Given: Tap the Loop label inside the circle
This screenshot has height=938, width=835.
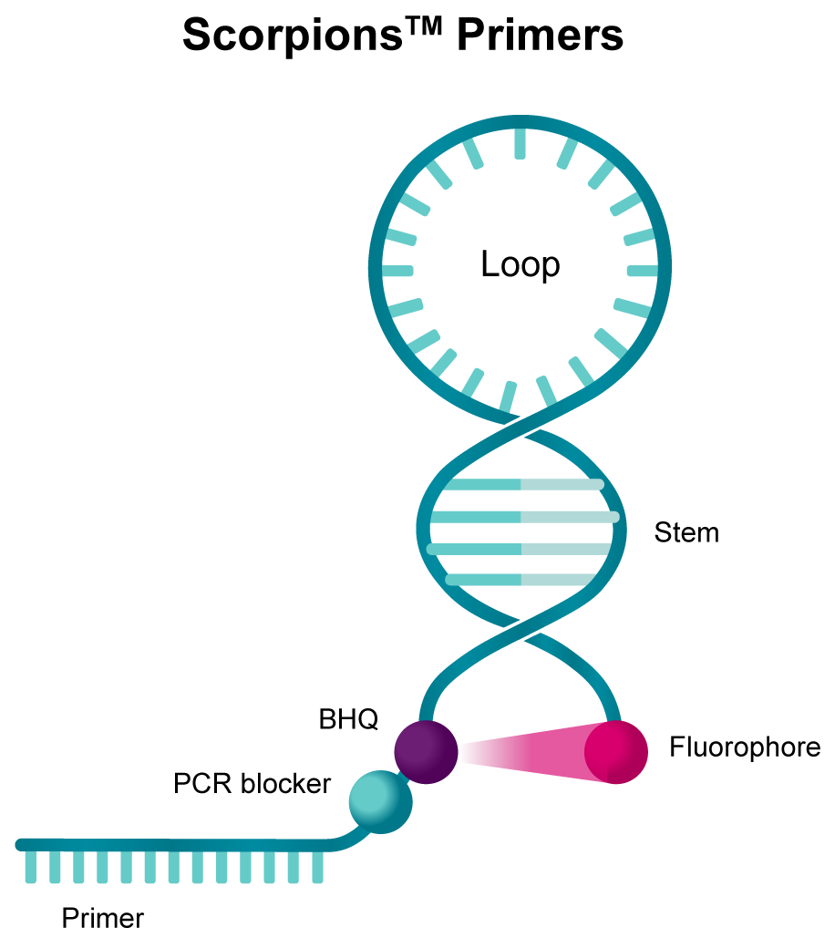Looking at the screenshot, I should (520, 265).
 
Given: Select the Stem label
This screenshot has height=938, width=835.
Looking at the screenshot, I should (686, 532).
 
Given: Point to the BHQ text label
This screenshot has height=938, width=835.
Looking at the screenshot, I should (348, 720).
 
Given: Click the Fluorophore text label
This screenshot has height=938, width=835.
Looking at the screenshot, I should (745, 748).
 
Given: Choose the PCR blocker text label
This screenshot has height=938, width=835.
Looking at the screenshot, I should (252, 783).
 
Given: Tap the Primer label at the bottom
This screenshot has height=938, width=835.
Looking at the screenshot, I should (103, 918).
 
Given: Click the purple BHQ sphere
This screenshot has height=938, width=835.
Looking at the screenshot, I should (426, 750).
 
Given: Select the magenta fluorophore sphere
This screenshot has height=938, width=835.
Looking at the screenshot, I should (616, 751).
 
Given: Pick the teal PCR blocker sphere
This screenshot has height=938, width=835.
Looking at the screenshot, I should (380, 799).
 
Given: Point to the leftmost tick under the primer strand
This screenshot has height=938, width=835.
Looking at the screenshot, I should (31, 867).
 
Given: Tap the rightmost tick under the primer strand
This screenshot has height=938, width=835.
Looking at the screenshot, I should (317, 867).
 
